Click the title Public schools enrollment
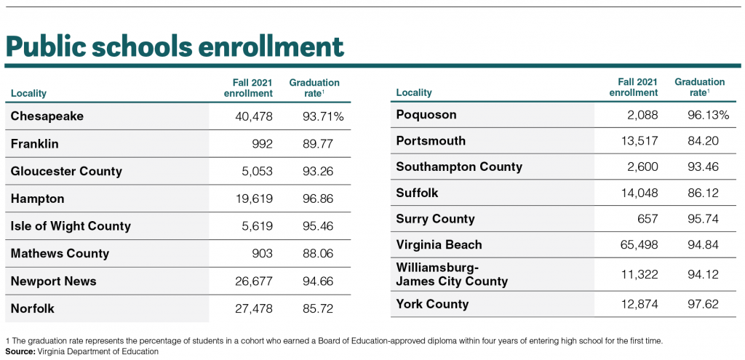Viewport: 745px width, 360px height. pyautogui.click(x=175, y=46)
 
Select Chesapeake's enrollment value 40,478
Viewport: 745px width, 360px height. pyautogui.click(x=254, y=116)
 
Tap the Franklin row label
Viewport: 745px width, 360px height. pyautogui.click(x=34, y=143)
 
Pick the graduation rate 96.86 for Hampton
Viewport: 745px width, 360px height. pyautogui.click(x=318, y=199)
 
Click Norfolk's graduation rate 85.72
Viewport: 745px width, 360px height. pyautogui.click(x=318, y=308)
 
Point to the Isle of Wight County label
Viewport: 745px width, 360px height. pyautogui.click(x=71, y=226)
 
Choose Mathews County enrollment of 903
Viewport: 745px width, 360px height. pyautogui.click(x=262, y=254)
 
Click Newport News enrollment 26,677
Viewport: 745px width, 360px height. pyautogui.click(x=254, y=281)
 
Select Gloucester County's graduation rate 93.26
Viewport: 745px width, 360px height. pyautogui.click(x=318, y=171)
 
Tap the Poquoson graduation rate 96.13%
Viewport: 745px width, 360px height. pyautogui.click(x=709, y=115)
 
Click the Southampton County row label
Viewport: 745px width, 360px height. pyautogui.click(x=459, y=167)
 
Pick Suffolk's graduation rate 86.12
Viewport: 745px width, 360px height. pyautogui.click(x=704, y=193)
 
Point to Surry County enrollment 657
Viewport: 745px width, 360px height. pyautogui.click(x=648, y=219)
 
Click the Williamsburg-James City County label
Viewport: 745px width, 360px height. pyautogui.click(x=452, y=274)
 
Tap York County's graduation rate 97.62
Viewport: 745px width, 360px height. pyautogui.click(x=704, y=304)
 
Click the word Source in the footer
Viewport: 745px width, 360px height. pyautogui.click(x=20, y=351)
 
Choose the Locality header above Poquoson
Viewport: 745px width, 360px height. pyautogui.click(x=414, y=92)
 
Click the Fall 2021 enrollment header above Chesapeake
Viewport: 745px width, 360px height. pyautogui.click(x=249, y=88)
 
